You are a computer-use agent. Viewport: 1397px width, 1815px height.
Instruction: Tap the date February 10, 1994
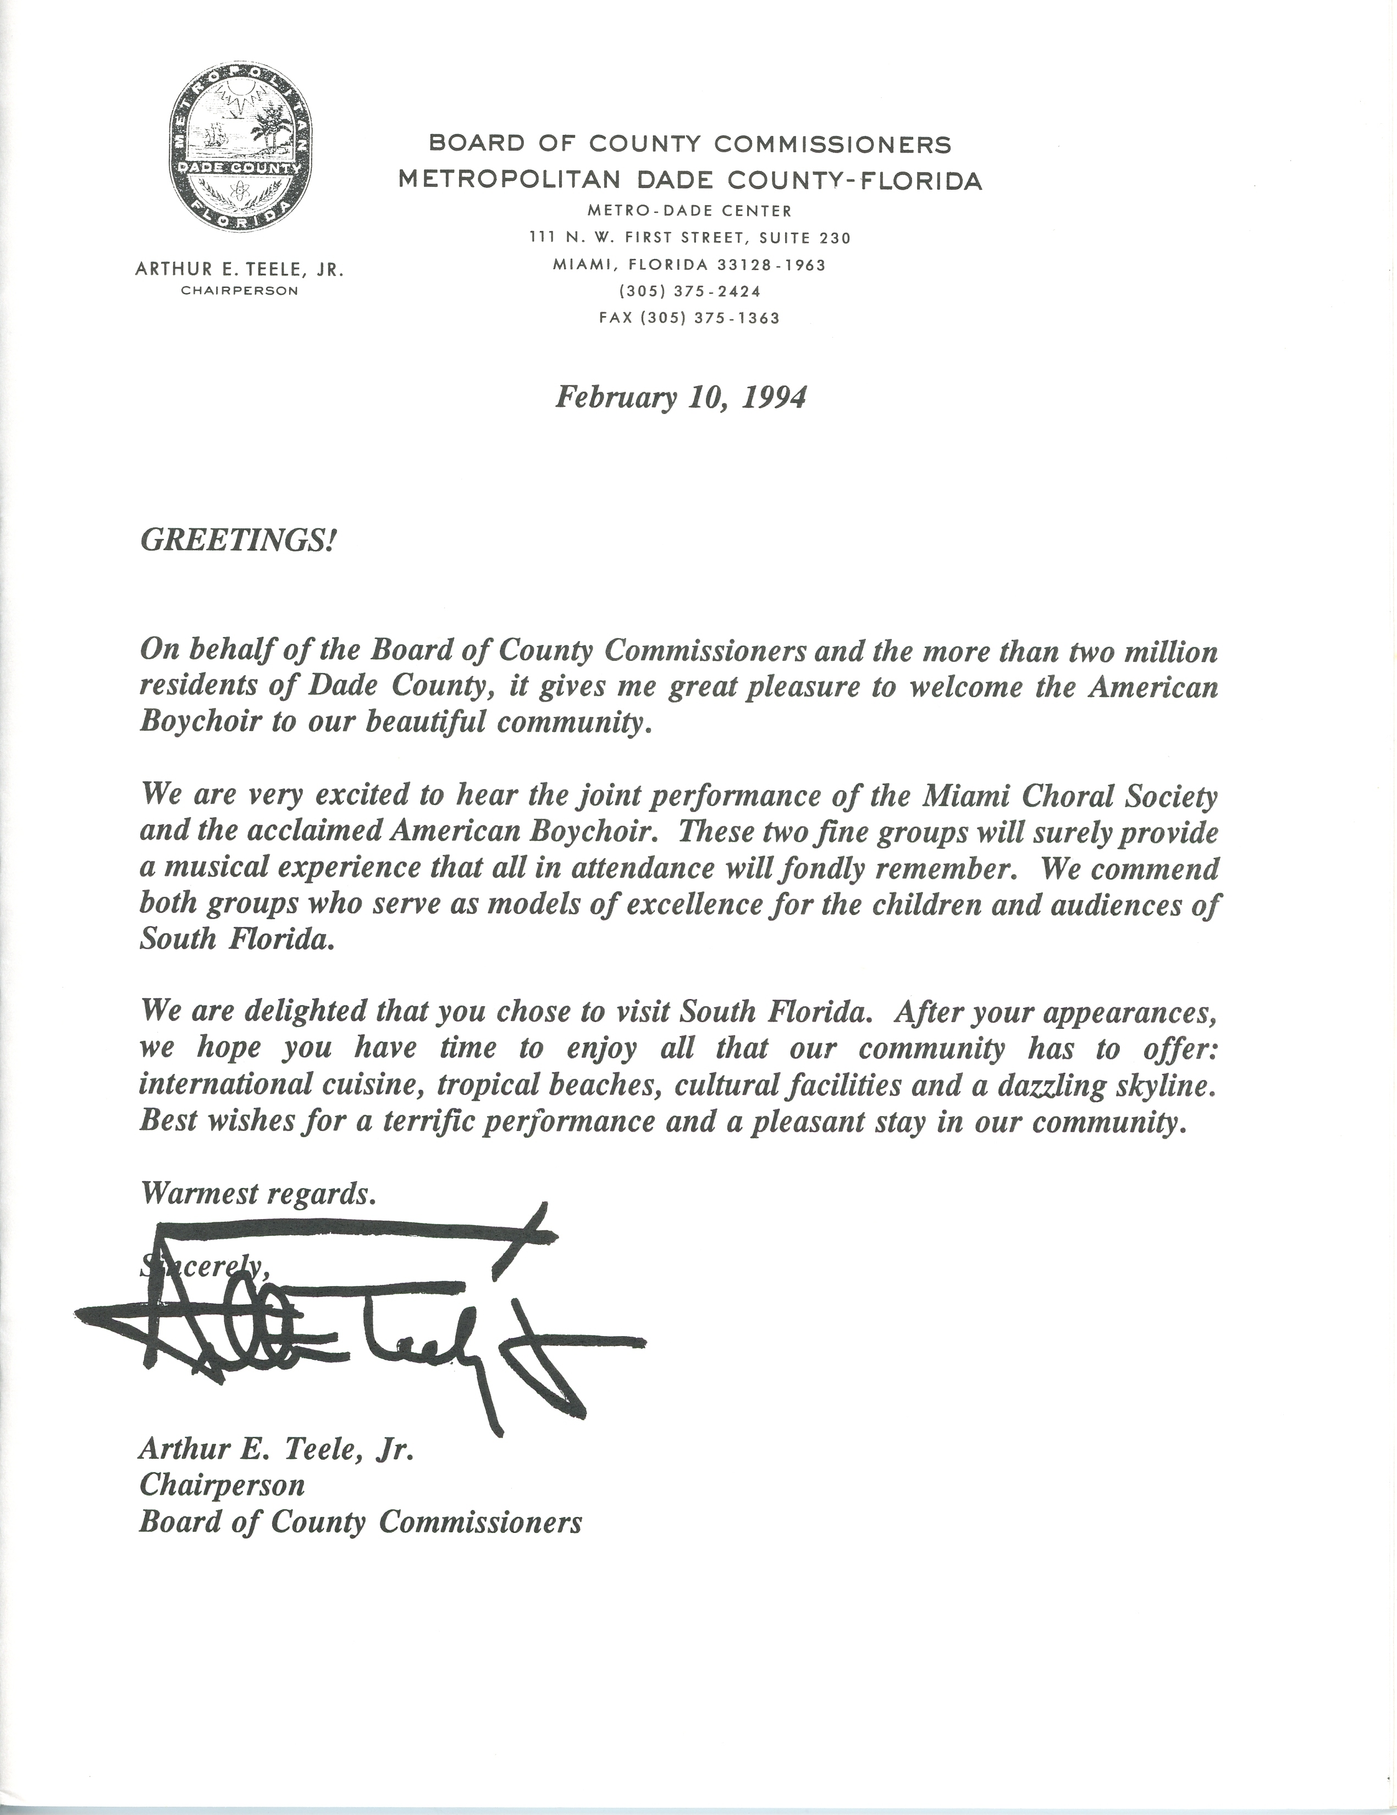click(x=680, y=398)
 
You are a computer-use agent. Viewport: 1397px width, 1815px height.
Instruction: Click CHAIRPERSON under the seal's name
click(x=241, y=291)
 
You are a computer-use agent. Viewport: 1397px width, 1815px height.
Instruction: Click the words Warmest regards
click(x=258, y=1194)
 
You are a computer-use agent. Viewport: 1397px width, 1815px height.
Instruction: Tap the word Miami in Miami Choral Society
click(x=957, y=796)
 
